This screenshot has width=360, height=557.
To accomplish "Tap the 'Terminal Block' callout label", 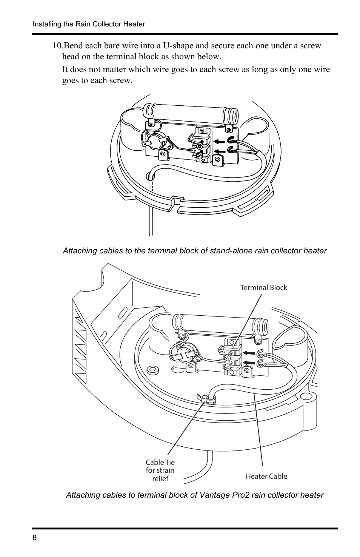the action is pos(264,288).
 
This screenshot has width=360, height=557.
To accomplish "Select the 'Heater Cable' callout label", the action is pos(266,476).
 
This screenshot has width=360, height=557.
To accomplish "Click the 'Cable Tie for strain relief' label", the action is pos(160,470).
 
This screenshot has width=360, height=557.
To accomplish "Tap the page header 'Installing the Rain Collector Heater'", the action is pos(89,24).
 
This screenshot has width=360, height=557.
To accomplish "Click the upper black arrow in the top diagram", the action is pos(220,142).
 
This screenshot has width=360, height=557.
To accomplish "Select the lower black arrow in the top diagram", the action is pos(220,151).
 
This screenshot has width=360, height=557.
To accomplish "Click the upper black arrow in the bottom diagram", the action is pos(249,353).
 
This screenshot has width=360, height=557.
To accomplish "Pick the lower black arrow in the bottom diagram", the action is pos(249,363).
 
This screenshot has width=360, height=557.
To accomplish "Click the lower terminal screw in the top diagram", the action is pos(199,156).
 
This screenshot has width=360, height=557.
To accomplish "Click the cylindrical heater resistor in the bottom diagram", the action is pos(220,324).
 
